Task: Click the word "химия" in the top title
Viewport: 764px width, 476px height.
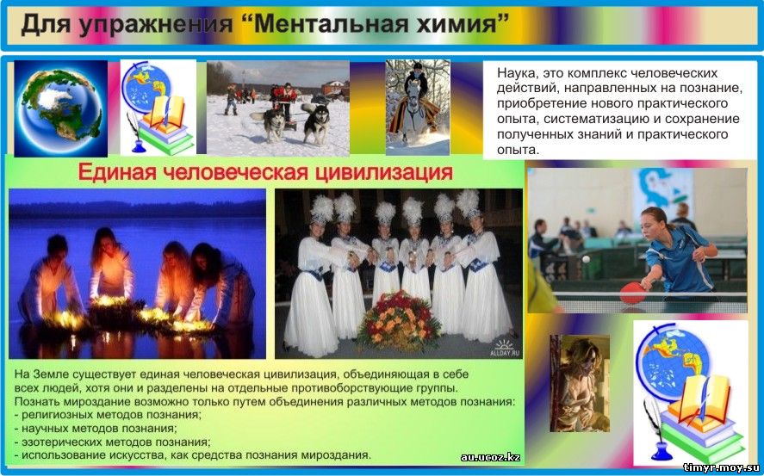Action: [x=454, y=24]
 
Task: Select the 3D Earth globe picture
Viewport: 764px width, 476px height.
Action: [x=60, y=108]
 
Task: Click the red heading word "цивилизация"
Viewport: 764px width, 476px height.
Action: [x=384, y=173]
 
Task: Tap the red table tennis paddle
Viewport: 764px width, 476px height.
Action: [x=633, y=293]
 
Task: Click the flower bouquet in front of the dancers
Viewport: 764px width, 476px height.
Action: [x=400, y=321]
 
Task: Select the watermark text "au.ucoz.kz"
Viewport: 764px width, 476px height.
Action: [x=490, y=458]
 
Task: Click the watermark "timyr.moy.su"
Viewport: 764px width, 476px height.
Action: [x=722, y=467]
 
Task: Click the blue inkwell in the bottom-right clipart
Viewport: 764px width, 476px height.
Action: [x=662, y=451]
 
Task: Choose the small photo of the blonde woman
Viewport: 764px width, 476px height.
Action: [x=580, y=383]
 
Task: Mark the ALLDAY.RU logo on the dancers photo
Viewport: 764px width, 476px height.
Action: [x=504, y=348]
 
